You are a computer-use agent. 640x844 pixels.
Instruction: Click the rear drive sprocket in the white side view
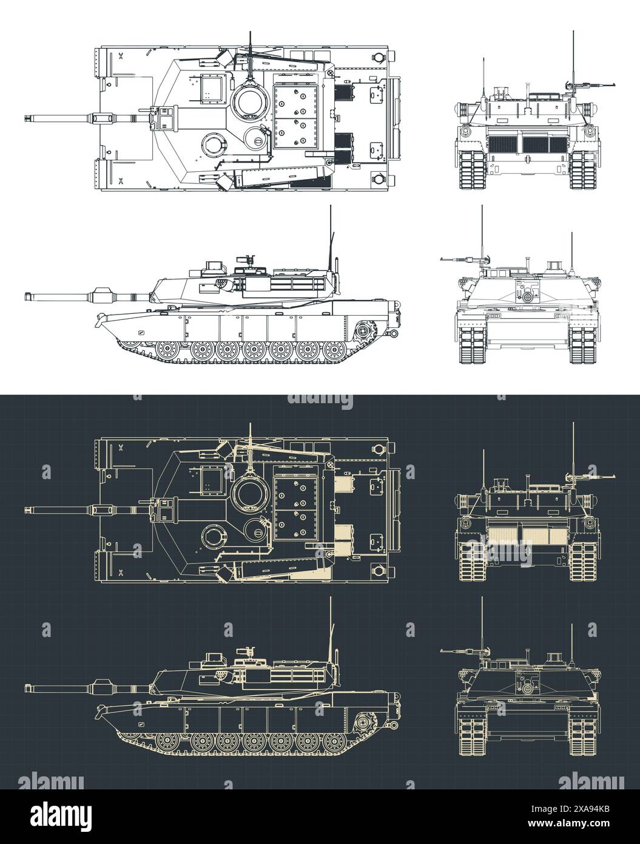coord(363,332)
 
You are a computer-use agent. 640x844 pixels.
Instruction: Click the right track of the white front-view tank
coord(584,346)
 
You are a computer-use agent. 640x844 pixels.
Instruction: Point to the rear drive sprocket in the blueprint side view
coord(363,722)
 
